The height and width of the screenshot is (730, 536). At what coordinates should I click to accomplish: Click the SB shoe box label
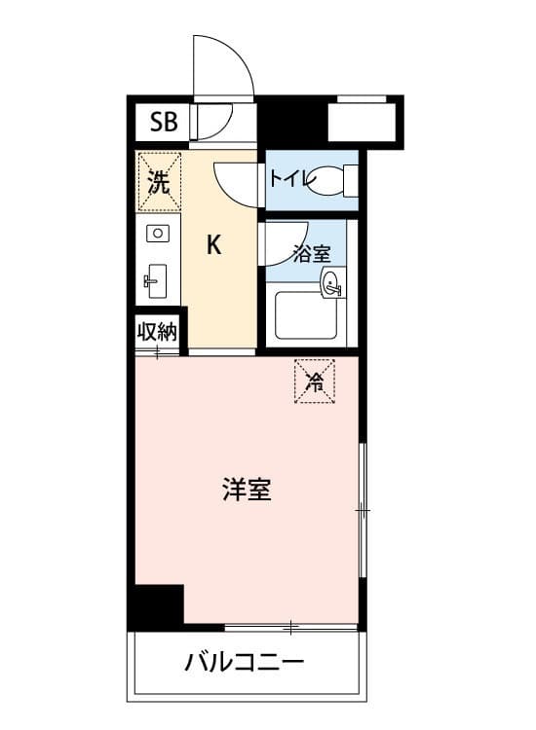[164, 122]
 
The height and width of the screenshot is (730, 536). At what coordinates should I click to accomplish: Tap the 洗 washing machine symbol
[159, 182]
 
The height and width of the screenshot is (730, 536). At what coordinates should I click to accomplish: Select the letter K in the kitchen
[213, 244]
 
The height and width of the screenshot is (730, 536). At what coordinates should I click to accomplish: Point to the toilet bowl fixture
[330, 181]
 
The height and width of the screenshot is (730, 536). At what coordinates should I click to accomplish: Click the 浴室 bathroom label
[312, 254]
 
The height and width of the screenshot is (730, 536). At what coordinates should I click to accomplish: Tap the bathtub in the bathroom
[306, 315]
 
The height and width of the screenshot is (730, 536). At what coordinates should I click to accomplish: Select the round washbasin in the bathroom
[331, 282]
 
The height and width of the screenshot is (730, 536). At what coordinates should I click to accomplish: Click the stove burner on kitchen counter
[158, 233]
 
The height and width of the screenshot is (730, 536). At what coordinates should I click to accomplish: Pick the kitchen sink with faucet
[156, 281]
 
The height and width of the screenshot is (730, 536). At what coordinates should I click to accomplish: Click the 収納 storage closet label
[157, 332]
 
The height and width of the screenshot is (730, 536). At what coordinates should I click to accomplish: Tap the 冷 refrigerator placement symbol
[315, 381]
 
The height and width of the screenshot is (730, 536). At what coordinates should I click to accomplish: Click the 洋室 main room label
[247, 490]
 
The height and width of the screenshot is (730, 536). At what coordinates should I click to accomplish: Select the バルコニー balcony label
[245, 662]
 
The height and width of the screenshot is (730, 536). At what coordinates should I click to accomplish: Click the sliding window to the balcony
[290, 628]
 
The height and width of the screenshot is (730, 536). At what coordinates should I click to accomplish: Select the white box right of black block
[362, 122]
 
